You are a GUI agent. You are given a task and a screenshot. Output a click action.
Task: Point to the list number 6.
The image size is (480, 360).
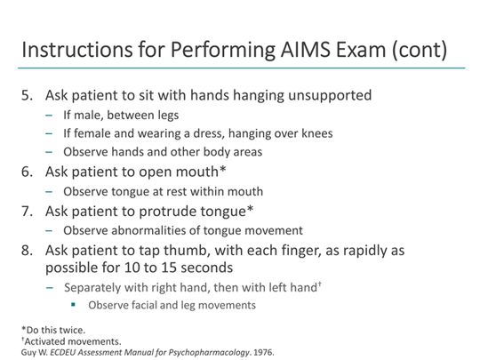[x=27, y=171]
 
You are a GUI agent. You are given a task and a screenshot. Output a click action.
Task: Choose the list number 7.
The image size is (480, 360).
[x=27, y=212]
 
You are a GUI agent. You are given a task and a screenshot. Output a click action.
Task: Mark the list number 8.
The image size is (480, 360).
[x=27, y=252]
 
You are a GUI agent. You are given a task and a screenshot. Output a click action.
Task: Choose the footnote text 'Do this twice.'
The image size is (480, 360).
[x=45, y=331]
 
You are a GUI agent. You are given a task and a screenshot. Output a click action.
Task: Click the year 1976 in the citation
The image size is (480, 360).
[x=261, y=351]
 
